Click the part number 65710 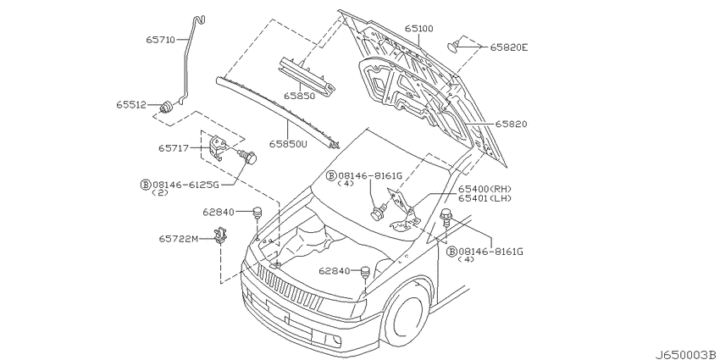coord(161,40)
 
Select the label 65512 coord(130,105)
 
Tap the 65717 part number coord(174,148)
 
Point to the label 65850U coord(288,143)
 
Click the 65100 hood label coord(418,29)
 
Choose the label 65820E coord(509,47)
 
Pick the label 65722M coord(179,239)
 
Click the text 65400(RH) coord(485,189)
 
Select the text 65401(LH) coord(485,198)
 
